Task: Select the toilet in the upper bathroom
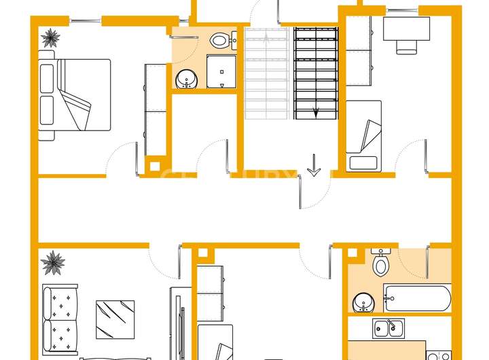click(219, 41)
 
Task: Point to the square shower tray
click(220, 72)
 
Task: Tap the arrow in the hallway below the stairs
click(314, 165)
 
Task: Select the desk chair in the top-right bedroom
click(407, 46)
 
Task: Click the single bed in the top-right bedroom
click(363, 134)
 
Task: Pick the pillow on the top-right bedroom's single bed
click(363, 162)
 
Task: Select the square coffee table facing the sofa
click(115, 319)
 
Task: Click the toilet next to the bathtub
click(380, 262)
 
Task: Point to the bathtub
click(416, 298)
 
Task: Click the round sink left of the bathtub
click(362, 301)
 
